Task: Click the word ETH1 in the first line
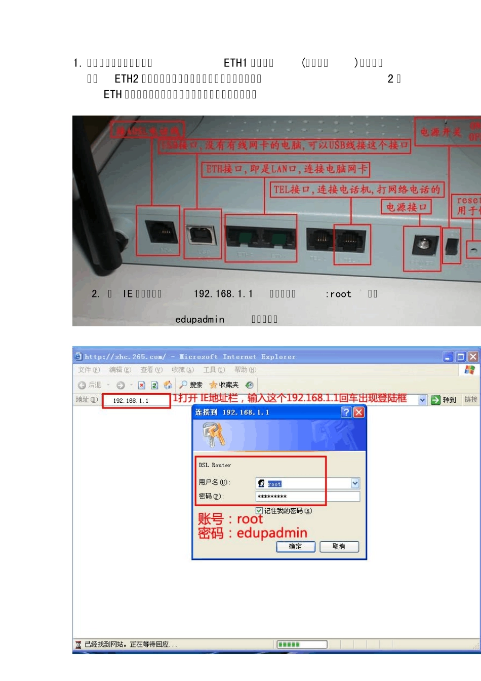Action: coord(235,63)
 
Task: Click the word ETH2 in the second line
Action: coord(127,79)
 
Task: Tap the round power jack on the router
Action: coord(422,245)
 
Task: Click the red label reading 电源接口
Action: coord(406,207)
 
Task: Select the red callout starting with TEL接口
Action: coord(357,190)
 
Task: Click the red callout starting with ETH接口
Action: coord(286,169)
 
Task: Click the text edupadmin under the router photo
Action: coord(199,319)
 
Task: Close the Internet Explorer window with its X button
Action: coord(473,357)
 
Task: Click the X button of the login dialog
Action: coord(358,412)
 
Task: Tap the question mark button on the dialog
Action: coord(346,412)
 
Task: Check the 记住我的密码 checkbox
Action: coord(259,511)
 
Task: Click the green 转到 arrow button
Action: coord(435,400)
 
